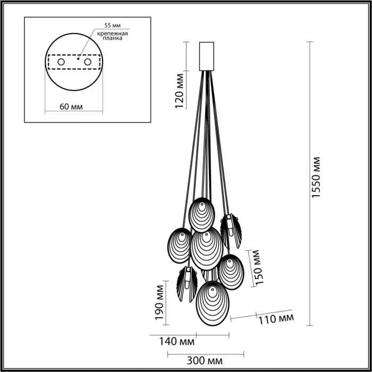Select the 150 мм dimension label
coord(259,268)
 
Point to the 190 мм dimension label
coord(158,304)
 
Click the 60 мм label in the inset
coord(71,106)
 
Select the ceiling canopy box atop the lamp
coord(206,56)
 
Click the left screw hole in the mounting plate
coord(61,63)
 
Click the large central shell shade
coord(206,248)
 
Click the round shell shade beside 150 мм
coord(231,272)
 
